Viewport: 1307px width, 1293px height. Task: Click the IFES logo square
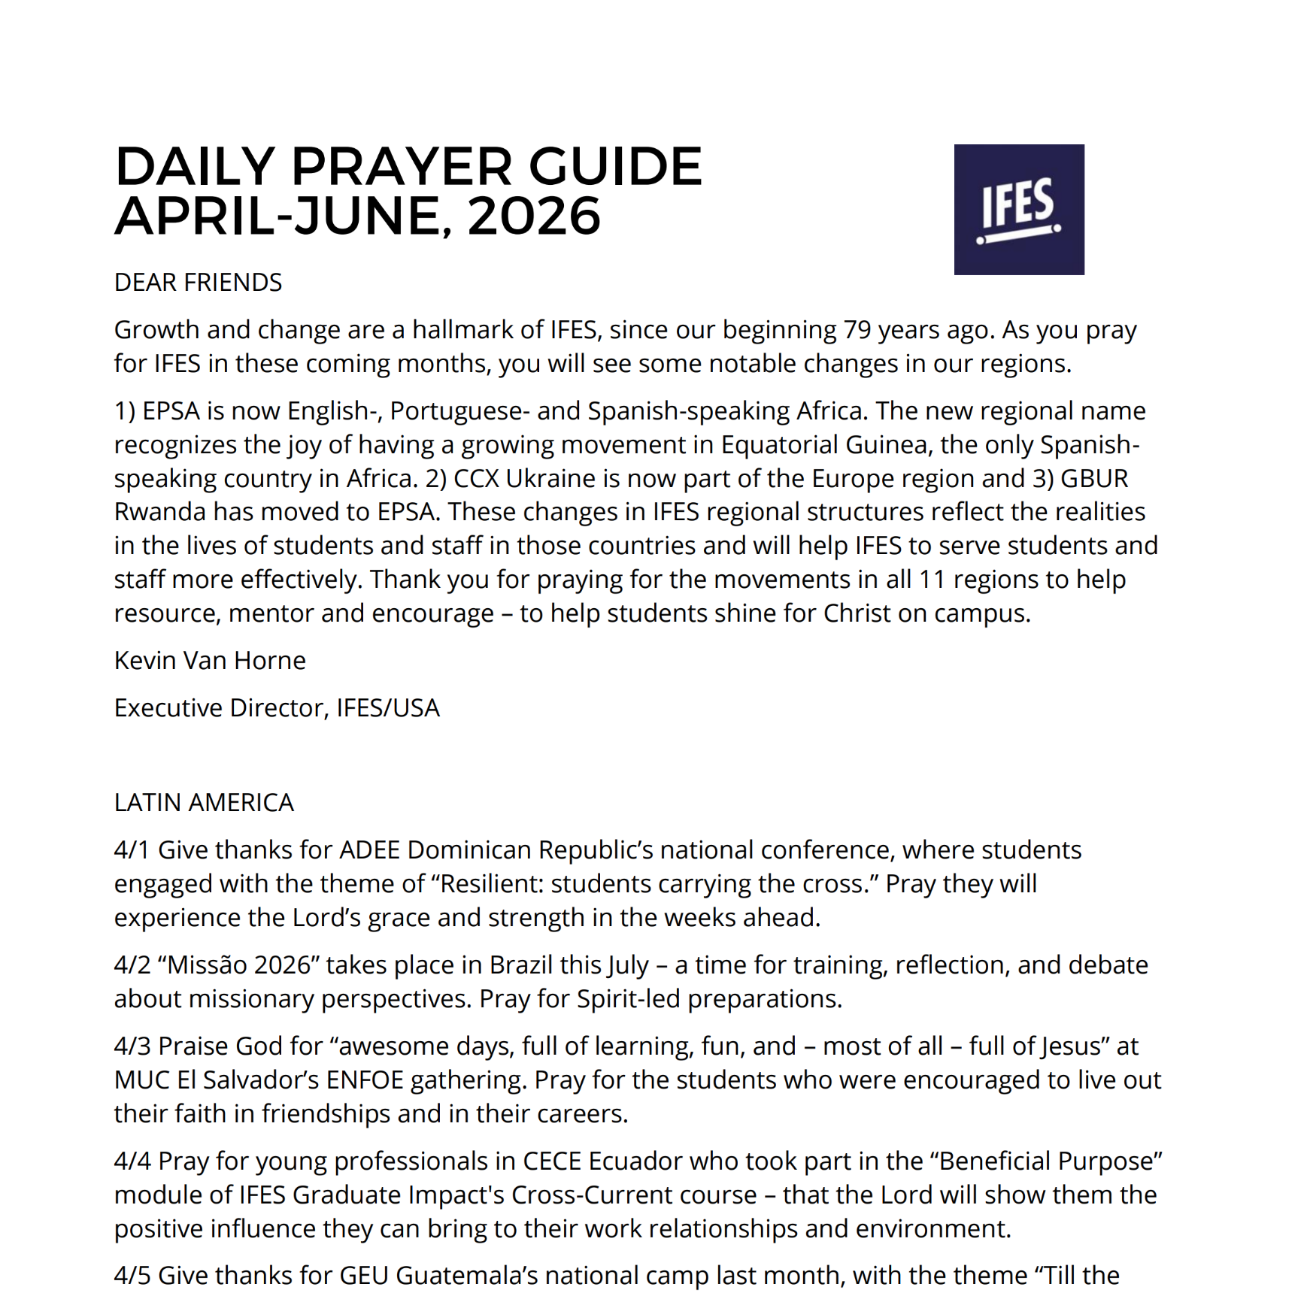pyautogui.click(x=1018, y=210)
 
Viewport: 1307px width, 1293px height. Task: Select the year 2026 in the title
pyautogui.click(x=534, y=217)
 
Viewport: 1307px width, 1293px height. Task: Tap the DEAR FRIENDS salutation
pyautogui.click(x=198, y=283)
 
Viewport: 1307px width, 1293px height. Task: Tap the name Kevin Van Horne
pyautogui.click(x=210, y=661)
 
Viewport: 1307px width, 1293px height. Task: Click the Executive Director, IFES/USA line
pyautogui.click(x=277, y=708)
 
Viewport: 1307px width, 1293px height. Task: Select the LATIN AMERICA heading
pyautogui.click(x=204, y=803)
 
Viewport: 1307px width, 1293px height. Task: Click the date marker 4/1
pyautogui.click(x=132, y=850)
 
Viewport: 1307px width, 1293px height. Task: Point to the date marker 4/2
pyautogui.click(x=132, y=965)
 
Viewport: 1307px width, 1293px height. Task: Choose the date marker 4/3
pyautogui.click(x=132, y=1046)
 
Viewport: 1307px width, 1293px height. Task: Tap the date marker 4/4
pyautogui.click(x=132, y=1161)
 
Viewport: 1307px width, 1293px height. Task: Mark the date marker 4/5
pyautogui.click(x=132, y=1276)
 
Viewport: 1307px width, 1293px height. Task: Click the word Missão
pyautogui.click(x=199, y=965)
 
